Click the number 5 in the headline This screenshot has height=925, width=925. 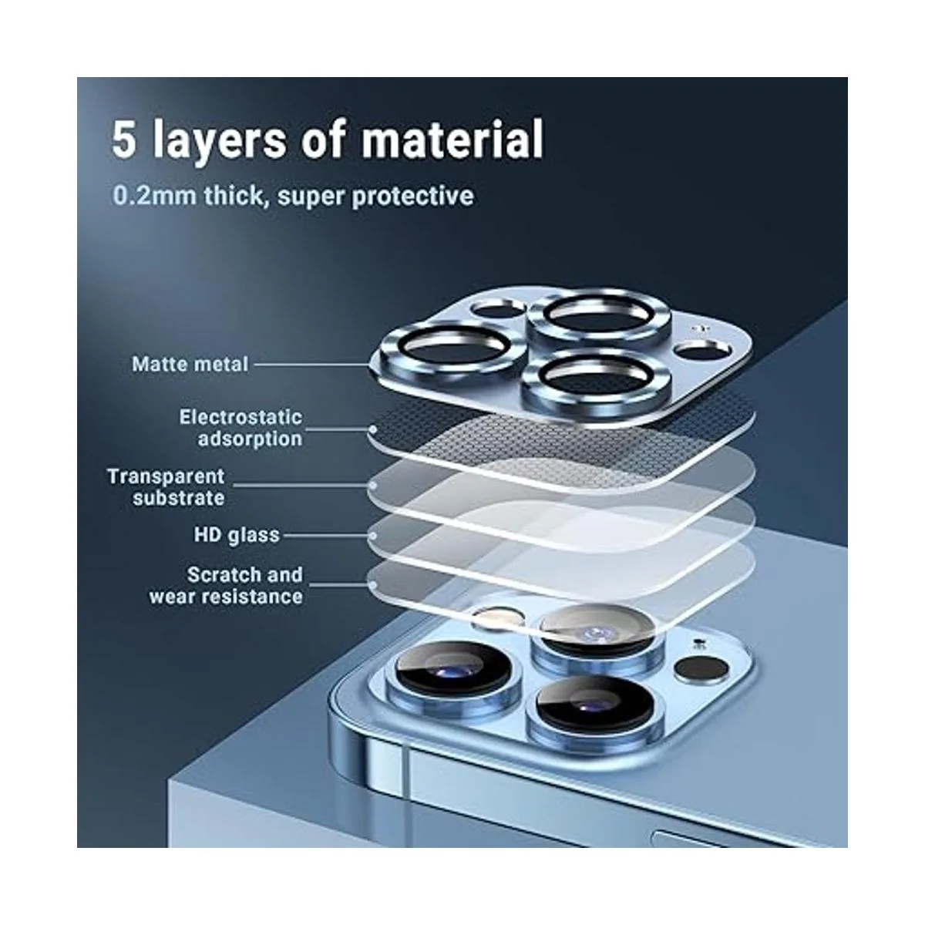124,140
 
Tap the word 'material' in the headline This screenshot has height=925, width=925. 452,140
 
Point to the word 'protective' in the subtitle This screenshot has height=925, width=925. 413,197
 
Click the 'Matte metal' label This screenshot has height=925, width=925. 190,365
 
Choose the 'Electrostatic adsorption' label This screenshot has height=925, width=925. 240,428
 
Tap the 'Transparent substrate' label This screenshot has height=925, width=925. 166,487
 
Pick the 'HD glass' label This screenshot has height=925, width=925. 236,535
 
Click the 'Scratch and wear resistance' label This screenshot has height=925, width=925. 226,586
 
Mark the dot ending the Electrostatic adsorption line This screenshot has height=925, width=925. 373,429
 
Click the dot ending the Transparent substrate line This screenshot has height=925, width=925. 373,486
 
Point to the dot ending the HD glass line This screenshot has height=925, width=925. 373,535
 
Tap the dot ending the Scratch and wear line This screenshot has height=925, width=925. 373,584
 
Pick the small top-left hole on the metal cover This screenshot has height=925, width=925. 497,309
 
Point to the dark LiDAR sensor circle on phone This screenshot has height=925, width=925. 701,668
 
